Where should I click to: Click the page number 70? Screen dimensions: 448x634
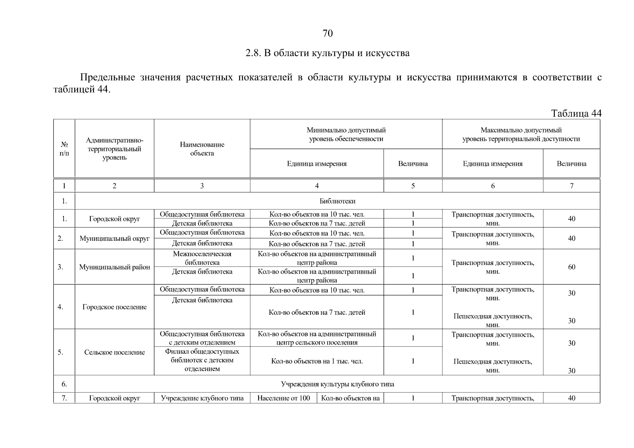327,34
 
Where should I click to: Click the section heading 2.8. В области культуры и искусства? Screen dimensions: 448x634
327,53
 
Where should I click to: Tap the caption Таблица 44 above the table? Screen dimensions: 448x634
576,113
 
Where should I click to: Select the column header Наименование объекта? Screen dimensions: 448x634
202,149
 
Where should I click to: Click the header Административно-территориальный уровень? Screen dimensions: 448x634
114,149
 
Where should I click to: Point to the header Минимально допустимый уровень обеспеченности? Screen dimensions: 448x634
346,134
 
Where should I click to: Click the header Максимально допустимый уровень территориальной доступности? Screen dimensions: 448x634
521,134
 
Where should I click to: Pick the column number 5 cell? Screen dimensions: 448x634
413,186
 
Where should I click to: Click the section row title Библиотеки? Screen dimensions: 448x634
337,201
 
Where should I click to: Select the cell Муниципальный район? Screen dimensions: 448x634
114,267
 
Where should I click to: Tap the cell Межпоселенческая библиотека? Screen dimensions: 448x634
202,258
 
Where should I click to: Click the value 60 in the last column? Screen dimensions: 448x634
571,267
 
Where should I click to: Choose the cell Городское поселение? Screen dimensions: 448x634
114,307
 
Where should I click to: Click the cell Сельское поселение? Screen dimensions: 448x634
114,352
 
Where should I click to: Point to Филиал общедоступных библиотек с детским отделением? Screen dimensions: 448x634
202,360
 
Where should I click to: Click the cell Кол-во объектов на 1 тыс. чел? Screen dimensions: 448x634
316,361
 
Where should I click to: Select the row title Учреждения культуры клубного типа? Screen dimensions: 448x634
337,384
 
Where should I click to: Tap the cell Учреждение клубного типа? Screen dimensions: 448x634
202,398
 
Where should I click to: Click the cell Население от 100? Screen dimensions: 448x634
284,398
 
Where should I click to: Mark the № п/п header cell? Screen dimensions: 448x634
64,149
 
